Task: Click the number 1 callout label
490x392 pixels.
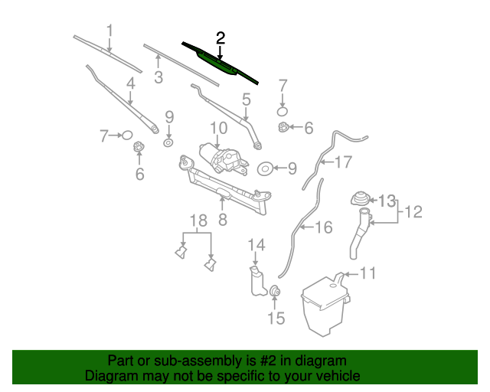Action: [109, 31]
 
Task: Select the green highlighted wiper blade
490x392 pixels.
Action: [219, 62]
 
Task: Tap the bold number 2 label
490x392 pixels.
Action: [220, 38]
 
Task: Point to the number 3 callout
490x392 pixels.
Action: [158, 77]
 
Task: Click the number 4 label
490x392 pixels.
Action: [131, 84]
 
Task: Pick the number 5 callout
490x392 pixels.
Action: [246, 99]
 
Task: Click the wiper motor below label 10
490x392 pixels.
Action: [222, 158]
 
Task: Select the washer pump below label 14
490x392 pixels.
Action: [255, 280]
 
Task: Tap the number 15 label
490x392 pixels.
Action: [275, 318]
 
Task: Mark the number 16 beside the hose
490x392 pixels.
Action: [324, 227]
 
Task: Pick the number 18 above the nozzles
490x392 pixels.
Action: [198, 222]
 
